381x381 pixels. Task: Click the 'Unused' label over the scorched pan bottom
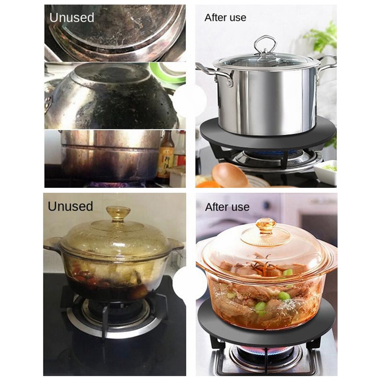[72, 18]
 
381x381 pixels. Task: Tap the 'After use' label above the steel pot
[225, 18]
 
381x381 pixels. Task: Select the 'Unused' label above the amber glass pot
[70, 206]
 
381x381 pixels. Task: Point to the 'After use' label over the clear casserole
[227, 207]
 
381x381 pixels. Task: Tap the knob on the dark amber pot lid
[118, 213]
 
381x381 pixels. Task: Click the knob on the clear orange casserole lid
[266, 225]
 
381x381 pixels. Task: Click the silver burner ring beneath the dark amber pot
[114, 323]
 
